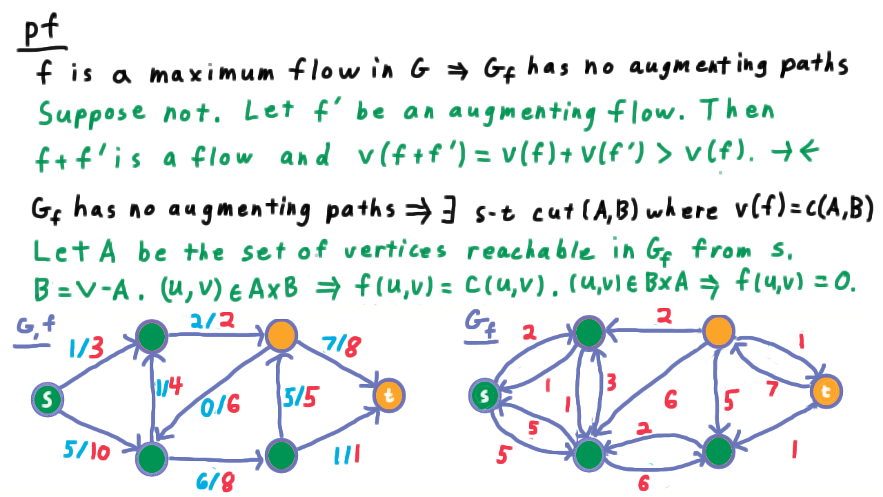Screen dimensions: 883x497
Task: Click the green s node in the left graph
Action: pos(48,399)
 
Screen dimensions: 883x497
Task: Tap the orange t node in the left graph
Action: pos(389,396)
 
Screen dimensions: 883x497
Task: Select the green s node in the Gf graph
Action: pos(484,396)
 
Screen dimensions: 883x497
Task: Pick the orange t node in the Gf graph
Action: pos(826,391)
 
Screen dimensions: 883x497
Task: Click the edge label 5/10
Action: pos(87,451)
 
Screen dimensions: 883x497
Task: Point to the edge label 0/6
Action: pos(220,405)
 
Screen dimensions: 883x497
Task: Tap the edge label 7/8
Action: pos(341,346)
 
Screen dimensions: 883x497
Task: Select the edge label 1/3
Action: pos(86,348)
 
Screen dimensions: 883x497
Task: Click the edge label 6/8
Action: pos(215,480)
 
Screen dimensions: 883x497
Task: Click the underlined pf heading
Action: pos(42,32)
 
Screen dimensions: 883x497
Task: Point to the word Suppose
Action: pos(92,114)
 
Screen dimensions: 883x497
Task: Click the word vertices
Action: pos(395,251)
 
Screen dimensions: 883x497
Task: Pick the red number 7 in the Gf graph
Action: pos(772,389)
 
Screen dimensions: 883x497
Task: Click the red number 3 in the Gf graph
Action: pos(611,382)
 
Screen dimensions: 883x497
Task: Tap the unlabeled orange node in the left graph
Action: pos(281,335)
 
